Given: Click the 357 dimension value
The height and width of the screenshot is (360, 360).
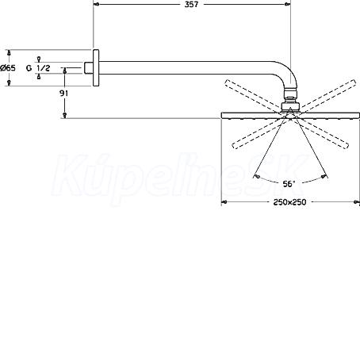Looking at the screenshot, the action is pyautogui.click(x=191, y=4).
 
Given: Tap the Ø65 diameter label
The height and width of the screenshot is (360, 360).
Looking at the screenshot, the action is pyautogui.click(x=8, y=68).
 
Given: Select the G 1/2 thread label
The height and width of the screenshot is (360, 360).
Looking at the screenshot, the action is pyautogui.click(x=38, y=68).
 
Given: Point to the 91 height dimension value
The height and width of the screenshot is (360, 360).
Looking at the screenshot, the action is pyautogui.click(x=63, y=93).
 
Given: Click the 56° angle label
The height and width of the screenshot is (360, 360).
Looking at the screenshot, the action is pyautogui.click(x=289, y=184).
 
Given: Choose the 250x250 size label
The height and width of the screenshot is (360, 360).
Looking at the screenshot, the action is pyautogui.click(x=289, y=202).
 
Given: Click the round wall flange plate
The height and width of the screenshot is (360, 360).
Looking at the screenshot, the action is pyautogui.click(x=96, y=67).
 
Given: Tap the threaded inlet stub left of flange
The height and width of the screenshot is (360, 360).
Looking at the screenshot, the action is pyautogui.click(x=89, y=68).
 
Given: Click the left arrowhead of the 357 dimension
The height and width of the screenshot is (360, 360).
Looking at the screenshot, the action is pyautogui.click(x=96, y=4).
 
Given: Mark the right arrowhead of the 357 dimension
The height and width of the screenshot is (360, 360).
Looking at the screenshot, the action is pyautogui.click(x=288, y=4).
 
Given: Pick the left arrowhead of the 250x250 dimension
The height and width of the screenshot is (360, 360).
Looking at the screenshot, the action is pyautogui.click(x=224, y=202).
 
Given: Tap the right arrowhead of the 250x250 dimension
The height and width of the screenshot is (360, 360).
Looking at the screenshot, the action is pyautogui.click(x=357, y=202).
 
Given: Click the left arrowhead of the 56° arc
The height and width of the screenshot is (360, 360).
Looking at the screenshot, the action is pyautogui.click(x=257, y=176).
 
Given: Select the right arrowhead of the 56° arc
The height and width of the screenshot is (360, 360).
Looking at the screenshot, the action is pyautogui.click(x=324, y=176).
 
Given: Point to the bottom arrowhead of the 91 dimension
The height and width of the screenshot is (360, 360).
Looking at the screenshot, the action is pyautogui.click(x=64, y=115).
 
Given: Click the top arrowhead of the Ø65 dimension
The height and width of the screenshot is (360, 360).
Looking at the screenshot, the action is pyautogui.click(x=9, y=52).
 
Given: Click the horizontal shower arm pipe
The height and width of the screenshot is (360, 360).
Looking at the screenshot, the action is pyautogui.click(x=185, y=67).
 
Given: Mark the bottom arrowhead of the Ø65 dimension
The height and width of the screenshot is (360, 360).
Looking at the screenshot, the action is pyautogui.click(x=9, y=83).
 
